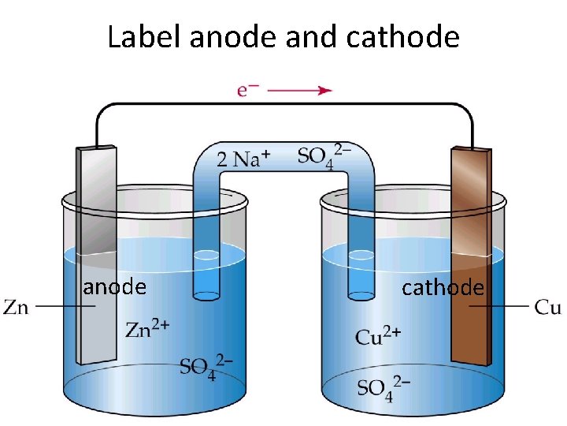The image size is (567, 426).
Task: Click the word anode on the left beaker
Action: pyautogui.click(x=115, y=287)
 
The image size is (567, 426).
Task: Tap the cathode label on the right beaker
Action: pyautogui.click(x=443, y=288)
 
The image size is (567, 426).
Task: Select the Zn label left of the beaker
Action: pyautogui.click(x=17, y=307)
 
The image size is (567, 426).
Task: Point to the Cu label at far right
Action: pyautogui.click(x=547, y=306)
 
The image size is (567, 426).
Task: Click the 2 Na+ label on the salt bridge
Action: pyautogui.click(x=244, y=159)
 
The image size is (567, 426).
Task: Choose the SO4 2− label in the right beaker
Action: pyautogui.click(x=383, y=387)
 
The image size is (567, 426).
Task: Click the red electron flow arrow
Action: pyautogui.click(x=300, y=91)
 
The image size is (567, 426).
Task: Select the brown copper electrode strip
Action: pyautogui.click(x=470, y=237)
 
